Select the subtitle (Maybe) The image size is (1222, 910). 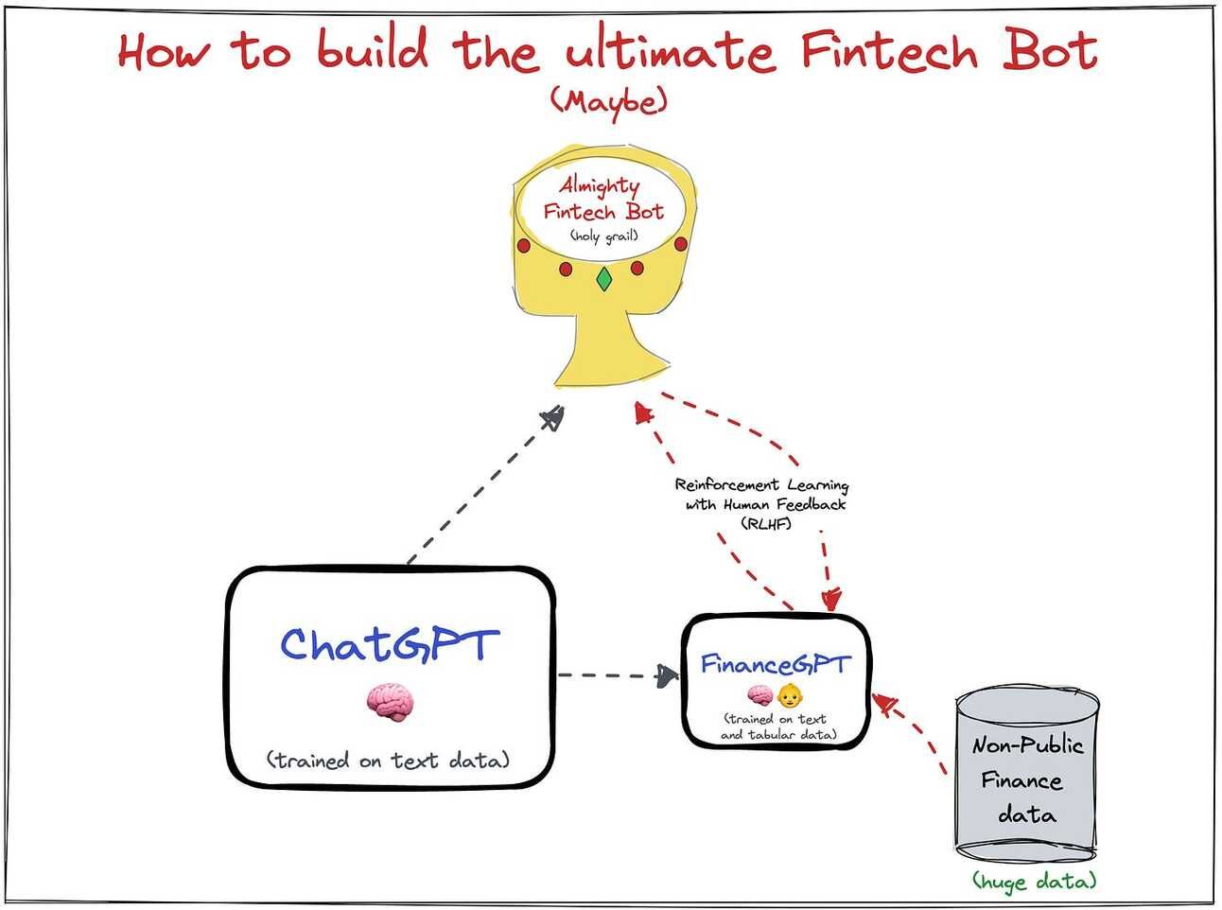click(608, 100)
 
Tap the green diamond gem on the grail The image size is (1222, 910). click(603, 280)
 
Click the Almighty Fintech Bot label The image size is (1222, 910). click(602, 199)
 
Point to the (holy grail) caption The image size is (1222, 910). click(603, 236)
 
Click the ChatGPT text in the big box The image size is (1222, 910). click(388, 645)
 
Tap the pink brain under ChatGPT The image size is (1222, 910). click(390, 702)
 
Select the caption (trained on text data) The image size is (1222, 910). click(388, 760)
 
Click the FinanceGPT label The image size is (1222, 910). click(775, 665)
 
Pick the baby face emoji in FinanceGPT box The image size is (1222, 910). click(789, 697)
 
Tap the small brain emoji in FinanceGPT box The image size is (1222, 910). click(760, 697)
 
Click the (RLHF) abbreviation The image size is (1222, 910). click(766, 523)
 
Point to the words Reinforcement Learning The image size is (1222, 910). click(761, 485)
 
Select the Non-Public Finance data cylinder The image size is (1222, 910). click(1026, 776)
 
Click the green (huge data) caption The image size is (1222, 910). click(1035, 882)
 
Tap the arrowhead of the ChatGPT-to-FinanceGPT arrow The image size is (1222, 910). click(669, 674)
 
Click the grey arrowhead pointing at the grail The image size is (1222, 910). click(552, 416)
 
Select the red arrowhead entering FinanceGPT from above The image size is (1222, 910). click(831, 599)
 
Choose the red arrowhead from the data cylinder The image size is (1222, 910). click(885, 703)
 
